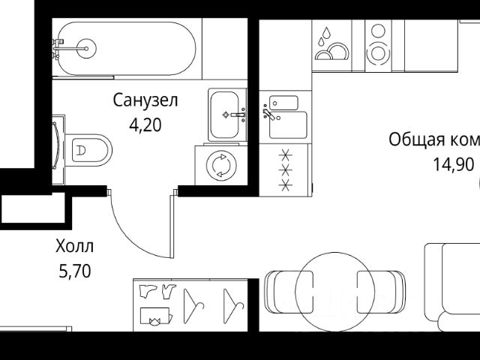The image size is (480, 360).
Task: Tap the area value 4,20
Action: [x=145, y=124]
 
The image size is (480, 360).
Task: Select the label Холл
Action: [x=75, y=246]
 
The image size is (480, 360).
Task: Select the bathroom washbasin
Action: [x=227, y=115]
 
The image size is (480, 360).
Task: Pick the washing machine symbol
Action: [x=221, y=165]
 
